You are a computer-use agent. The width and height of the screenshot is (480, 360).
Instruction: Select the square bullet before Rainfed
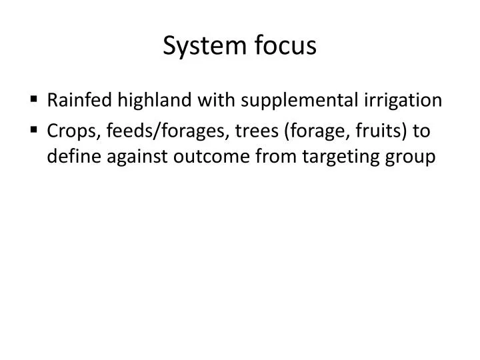(x=33, y=100)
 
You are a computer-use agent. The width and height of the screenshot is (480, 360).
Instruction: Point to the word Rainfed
(x=80, y=100)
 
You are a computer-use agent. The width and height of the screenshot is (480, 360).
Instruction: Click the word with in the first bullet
(x=217, y=100)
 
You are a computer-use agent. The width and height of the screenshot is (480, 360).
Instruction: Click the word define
(x=72, y=157)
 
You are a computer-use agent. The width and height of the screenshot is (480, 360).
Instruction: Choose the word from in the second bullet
(x=278, y=157)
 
